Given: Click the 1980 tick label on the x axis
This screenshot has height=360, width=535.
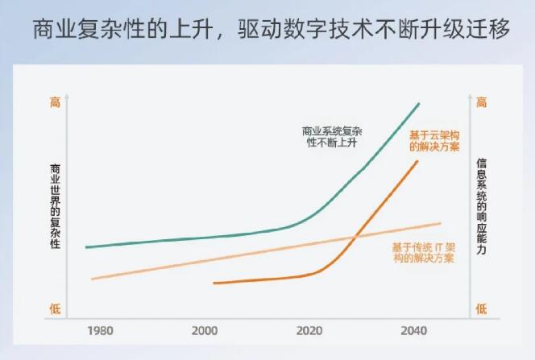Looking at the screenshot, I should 100,331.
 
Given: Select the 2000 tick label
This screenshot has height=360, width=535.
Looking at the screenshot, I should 205,331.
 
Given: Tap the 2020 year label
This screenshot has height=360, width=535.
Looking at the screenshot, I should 309,331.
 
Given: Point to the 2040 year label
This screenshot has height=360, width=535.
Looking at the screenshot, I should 413,331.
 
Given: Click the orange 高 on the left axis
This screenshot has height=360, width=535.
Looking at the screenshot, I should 55,102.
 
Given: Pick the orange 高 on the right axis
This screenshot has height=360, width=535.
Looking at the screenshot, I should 481,102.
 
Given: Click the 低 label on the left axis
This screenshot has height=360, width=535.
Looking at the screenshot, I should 55,308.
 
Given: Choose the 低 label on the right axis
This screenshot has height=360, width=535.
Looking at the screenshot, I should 481,308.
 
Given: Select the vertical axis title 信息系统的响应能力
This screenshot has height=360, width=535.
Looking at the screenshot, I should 481,205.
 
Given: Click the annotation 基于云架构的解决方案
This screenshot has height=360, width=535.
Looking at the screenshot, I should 434,141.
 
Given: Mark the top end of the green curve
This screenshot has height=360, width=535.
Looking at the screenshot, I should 420,104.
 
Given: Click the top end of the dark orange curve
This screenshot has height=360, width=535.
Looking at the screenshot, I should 418,161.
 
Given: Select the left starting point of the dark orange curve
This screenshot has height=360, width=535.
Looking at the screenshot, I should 214,283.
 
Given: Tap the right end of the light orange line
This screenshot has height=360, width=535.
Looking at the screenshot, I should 441,223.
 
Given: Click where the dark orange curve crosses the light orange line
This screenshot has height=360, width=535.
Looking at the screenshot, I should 354,237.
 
